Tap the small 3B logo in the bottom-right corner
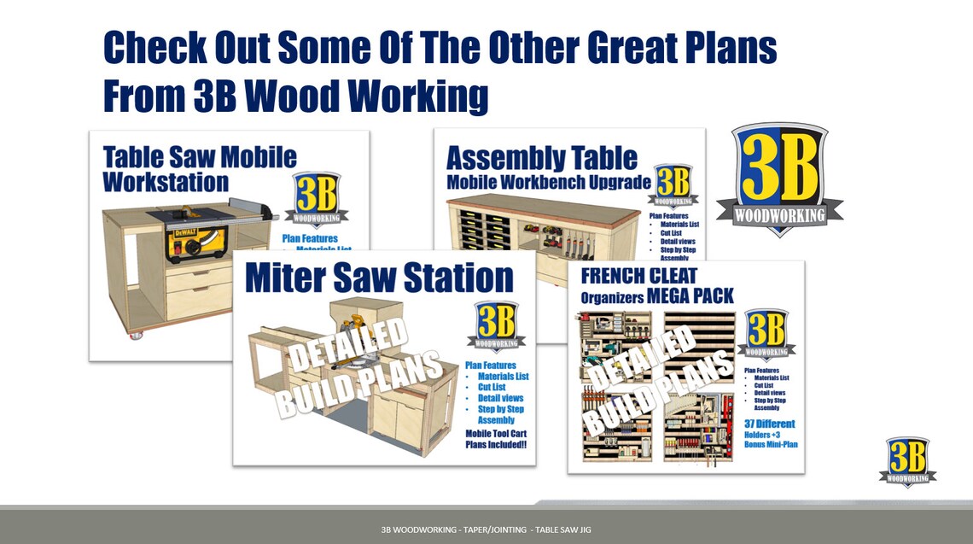coord(906,462)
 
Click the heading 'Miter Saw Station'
coord(380,278)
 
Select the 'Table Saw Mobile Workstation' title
coord(199,169)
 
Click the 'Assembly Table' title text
coord(541,158)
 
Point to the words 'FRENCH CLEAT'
coord(638,276)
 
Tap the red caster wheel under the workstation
coord(135,336)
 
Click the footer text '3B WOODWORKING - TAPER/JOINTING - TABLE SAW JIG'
coord(486,530)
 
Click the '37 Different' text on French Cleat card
coord(769,424)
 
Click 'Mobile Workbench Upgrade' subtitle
coord(548,182)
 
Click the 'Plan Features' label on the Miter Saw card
coord(490,366)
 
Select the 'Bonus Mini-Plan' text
coord(771,445)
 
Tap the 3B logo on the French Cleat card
coord(766,334)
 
